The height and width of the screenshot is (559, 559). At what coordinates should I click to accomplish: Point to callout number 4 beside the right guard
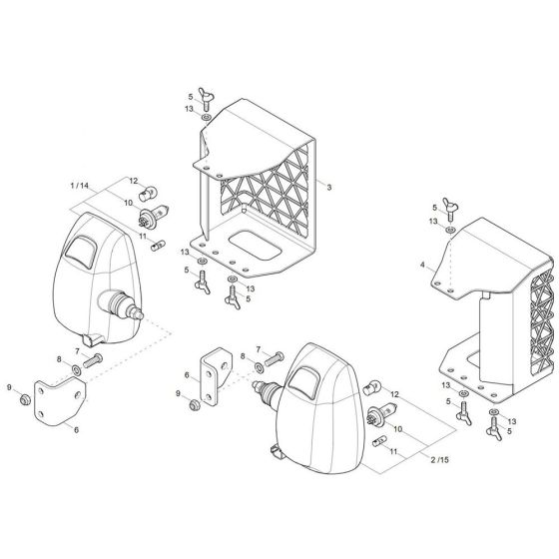[x=423, y=266]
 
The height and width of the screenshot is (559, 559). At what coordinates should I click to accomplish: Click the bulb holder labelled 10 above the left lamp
[x=162, y=212]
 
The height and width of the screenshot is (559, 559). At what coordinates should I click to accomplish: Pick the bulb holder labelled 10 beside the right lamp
[x=381, y=417]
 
